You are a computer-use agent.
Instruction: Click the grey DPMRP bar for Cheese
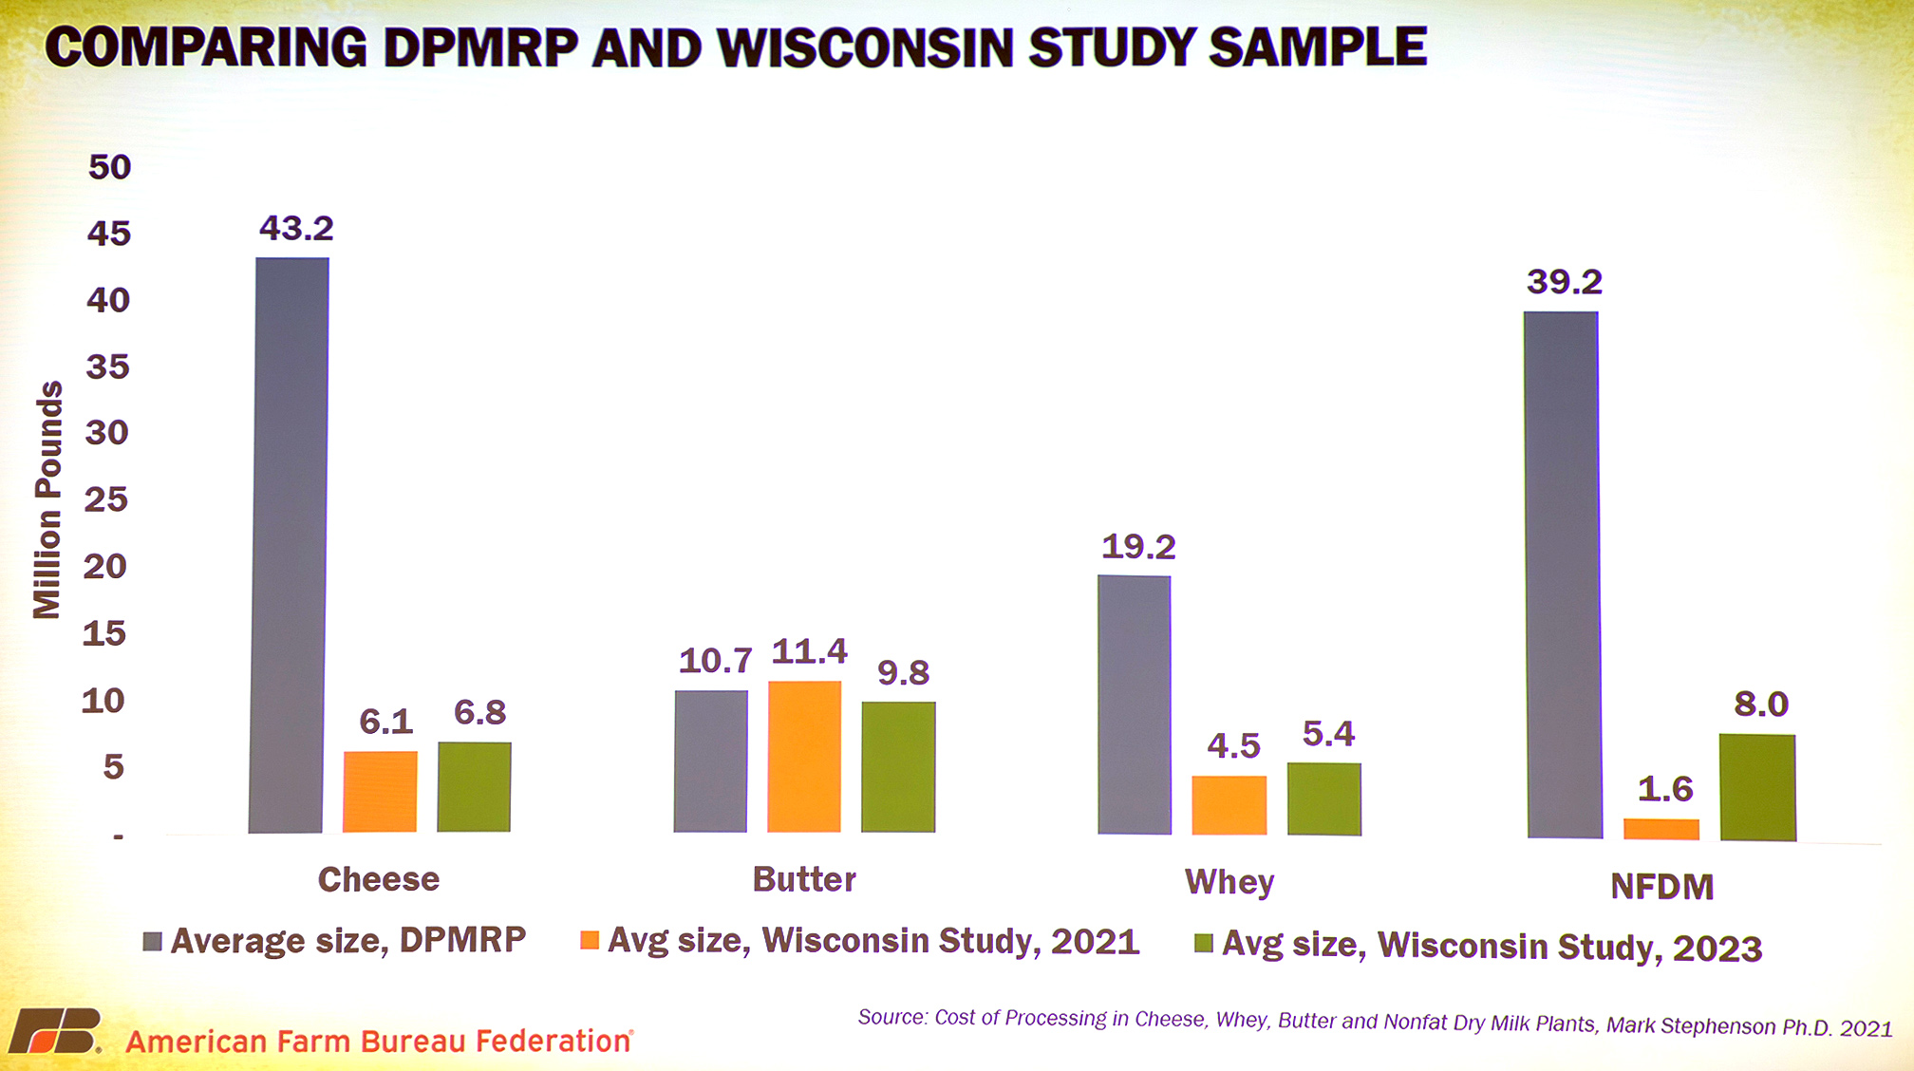click(x=289, y=545)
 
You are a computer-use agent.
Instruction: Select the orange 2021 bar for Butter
click(x=804, y=757)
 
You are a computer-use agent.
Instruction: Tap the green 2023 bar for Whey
click(x=1323, y=799)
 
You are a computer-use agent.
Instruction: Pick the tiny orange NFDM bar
click(x=1661, y=829)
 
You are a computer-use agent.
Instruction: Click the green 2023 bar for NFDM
click(x=1757, y=787)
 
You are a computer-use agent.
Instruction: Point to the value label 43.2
click(x=296, y=228)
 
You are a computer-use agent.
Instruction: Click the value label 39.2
click(x=1564, y=282)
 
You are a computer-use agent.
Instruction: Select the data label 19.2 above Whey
click(x=1137, y=547)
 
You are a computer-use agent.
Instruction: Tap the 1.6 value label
click(x=1665, y=789)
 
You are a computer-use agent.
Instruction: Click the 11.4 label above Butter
click(x=809, y=651)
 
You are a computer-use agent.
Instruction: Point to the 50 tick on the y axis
click(x=109, y=167)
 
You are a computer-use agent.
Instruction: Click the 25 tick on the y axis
click(x=106, y=499)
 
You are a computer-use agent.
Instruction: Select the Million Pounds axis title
click(x=47, y=500)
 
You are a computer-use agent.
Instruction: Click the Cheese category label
click(x=379, y=879)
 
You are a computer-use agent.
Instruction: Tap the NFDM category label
click(x=1661, y=887)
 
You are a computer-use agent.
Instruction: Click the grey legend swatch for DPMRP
click(x=152, y=942)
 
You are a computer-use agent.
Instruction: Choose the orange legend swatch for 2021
click(x=590, y=940)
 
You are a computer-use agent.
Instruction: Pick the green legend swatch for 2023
click(x=1203, y=944)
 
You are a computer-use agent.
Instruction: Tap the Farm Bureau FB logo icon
click(x=55, y=1031)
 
